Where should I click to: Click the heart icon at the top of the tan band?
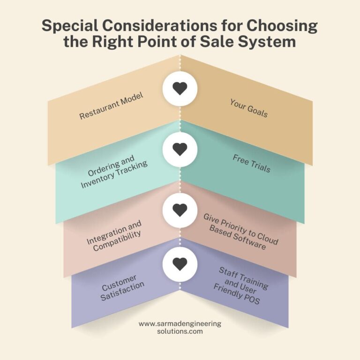pyautogui.click(x=180, y=89)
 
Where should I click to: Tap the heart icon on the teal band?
pyautogui.click(x=180, y=149)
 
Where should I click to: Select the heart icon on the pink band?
pyautogui.click(x=180, y=210)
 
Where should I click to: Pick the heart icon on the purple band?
pyautogui.click(x=180, y=264)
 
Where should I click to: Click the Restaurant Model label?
pyautogui.click(x=112, y=105)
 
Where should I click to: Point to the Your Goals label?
pyautogui.click(x=249, y=108)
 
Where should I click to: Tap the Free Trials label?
pyautogui.click(x=252, y=164)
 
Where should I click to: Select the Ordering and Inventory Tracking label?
pyautogui.click(x=113, y=172)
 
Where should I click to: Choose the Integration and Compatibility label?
pyautogui.click(x=114, y=236)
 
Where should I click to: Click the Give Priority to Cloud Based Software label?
pyautogui.click(x=240, y=232)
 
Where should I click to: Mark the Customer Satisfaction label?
pyautogui.click(x=122, y=288)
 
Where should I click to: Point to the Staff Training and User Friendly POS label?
pyautogui.click(x=241, y=285)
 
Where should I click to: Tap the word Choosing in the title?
pyautogui.click(x=282, y=26)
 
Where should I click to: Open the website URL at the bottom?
pyautogui.click(x=180, y=327)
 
